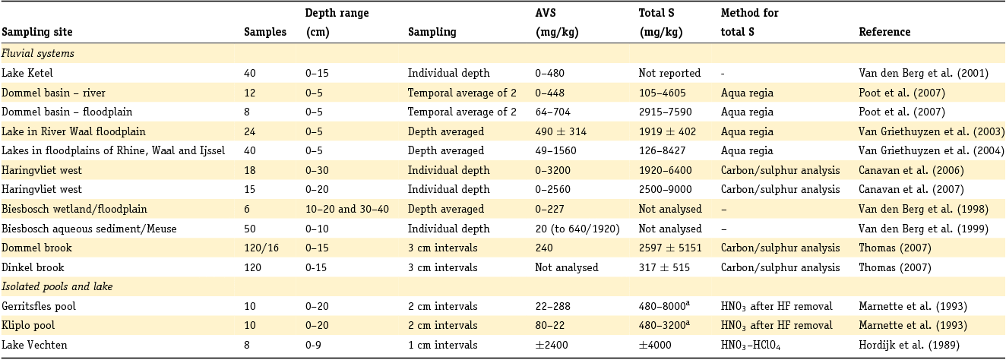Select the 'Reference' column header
[x=884, y=33]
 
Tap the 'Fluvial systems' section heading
[x=37, y=54]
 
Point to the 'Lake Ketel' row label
[x=27, y=74]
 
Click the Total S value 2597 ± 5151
[x=669, y=248]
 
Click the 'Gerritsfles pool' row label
[x=39, y=307]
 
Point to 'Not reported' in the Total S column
[x=669, y=74]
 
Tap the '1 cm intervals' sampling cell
[x=442, y=346]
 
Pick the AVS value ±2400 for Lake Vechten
[x=552, y=346]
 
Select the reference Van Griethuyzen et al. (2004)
[x=932, y=151]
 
